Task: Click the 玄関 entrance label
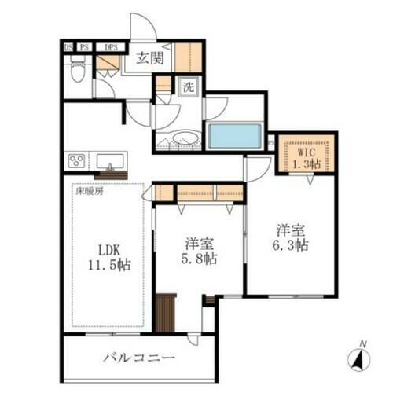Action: (x=150, y=57)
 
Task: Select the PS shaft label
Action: (x=83, y=47)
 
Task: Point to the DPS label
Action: (x=112, y=47)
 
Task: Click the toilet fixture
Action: (x=77, y=72)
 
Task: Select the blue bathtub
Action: (x=234, y=135)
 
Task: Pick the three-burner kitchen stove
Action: (x=77, y=161)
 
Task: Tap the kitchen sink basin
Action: (x=110, y=162)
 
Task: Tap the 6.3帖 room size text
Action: (x=291, y=245)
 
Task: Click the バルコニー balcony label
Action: (x=138, y=358)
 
